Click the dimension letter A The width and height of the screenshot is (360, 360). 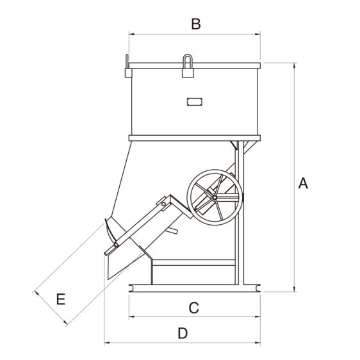click(303, 183)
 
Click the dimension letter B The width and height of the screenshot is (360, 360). click(196, 24)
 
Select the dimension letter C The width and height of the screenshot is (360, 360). click(194, 308)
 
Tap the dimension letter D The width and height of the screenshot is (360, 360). click(183, 333)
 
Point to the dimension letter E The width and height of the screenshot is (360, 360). click(61, 299)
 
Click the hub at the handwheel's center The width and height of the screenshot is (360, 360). click(215, 197)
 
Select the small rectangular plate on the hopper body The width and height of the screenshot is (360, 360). click(195, 102)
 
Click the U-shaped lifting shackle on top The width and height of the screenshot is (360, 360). click(188, 61)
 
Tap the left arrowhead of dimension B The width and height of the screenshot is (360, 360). click(132, 34)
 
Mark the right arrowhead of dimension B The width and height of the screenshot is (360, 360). click(258, 34)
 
